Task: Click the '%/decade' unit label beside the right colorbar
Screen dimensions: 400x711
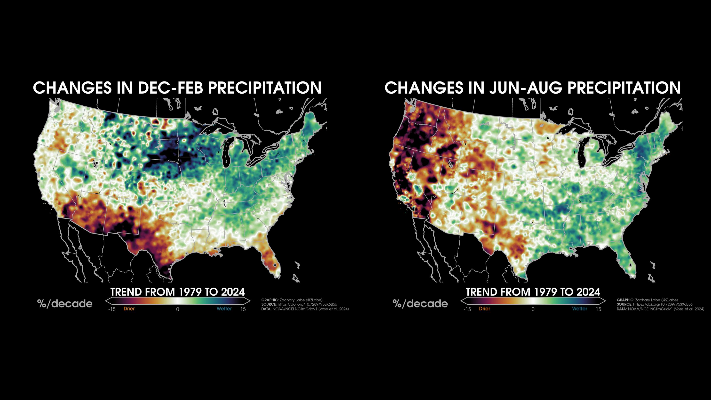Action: coord(420,304)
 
